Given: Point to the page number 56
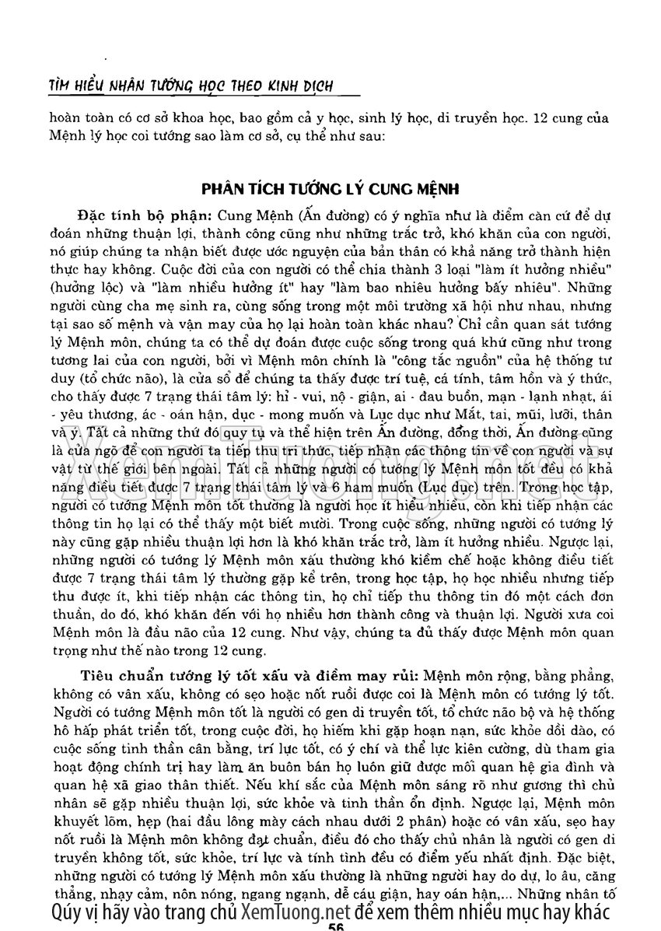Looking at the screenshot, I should tap(336, 925).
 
